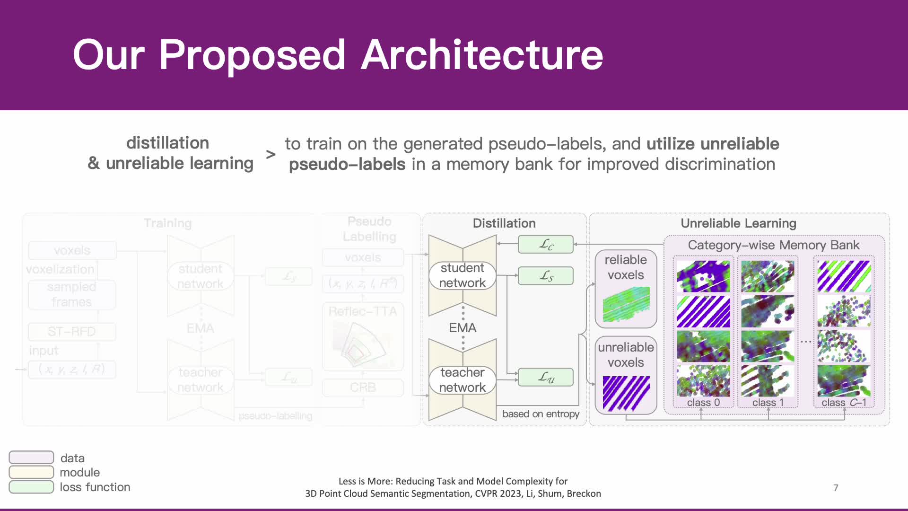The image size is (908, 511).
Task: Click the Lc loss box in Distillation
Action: pos(546,245)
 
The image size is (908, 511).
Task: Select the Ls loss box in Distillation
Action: pos(546,276)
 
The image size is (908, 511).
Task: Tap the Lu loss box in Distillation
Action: pos(546,378)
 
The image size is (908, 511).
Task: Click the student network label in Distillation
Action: pos(462,275)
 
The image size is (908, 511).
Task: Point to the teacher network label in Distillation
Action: pos(462,380)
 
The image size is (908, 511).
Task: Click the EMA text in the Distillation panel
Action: pos(463,328)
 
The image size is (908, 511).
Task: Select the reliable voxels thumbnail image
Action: pos(626,304)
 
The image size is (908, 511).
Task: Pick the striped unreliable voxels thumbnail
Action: pos(626,393)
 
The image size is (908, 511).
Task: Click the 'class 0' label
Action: pos(703,403)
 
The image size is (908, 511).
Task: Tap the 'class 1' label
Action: pos(768,403)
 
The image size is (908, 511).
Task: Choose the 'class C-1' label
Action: pos(844,403)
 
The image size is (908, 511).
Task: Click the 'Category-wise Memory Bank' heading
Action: pos(774,245)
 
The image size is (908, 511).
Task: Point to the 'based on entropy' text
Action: pos(541,414)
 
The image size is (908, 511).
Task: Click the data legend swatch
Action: pos(31,458)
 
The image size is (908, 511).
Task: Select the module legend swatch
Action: pos(31,472)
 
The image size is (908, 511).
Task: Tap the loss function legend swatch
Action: pos(31,487)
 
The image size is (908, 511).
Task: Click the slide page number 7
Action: pos(836,488)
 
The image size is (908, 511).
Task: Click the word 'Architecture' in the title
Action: pos(482,55)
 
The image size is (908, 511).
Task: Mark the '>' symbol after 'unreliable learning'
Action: pos(271,154)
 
